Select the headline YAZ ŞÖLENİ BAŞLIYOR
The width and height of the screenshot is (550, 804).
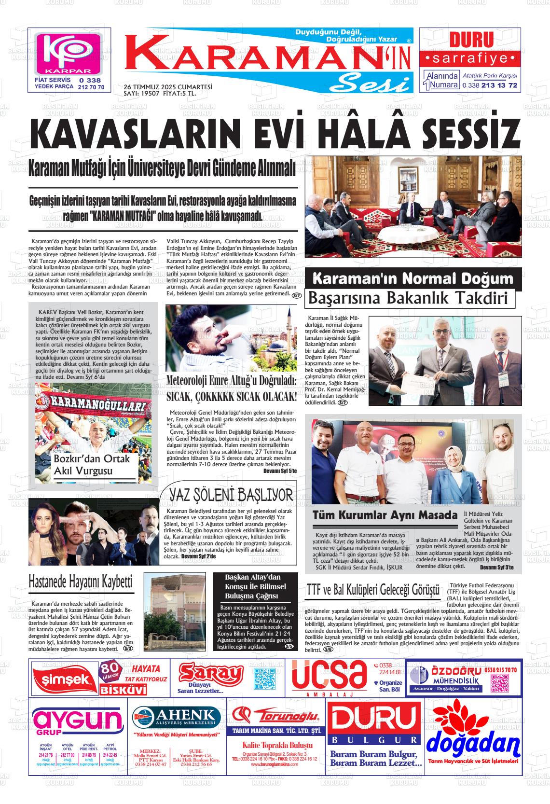click(231, 495)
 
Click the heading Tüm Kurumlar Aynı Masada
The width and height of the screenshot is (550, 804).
click(385, 515)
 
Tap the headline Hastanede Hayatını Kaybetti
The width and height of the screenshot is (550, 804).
click(81, 582)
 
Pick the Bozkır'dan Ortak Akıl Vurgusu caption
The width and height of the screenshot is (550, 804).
click(92, 465)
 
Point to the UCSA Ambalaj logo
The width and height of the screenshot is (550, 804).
click(329, 676)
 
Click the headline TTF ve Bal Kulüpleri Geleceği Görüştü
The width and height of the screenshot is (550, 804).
click(373, 590)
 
